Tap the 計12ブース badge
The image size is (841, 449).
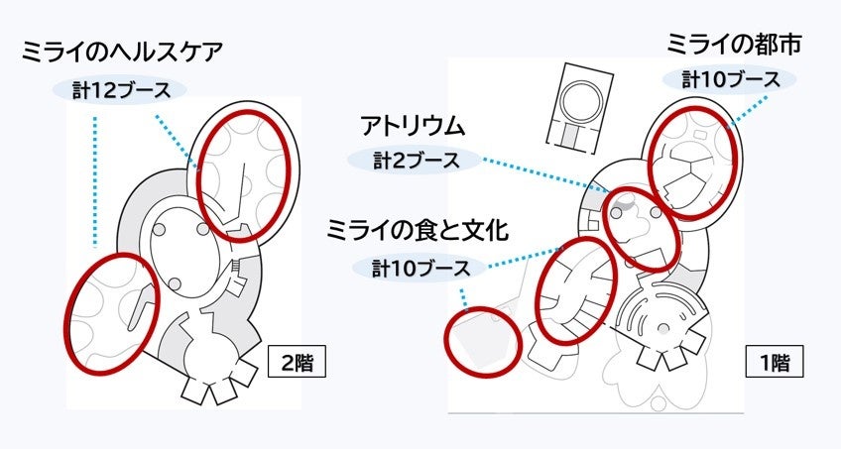[x=121, y=89]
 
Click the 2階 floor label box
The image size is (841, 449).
[x=297, y=364]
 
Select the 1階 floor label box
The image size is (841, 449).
[x=774, y=364]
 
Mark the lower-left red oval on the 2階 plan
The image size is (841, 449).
[x=111, y=312]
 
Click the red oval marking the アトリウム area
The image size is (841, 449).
[x=642, y=229]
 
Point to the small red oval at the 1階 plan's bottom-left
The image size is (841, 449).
[x=482, y=338]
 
